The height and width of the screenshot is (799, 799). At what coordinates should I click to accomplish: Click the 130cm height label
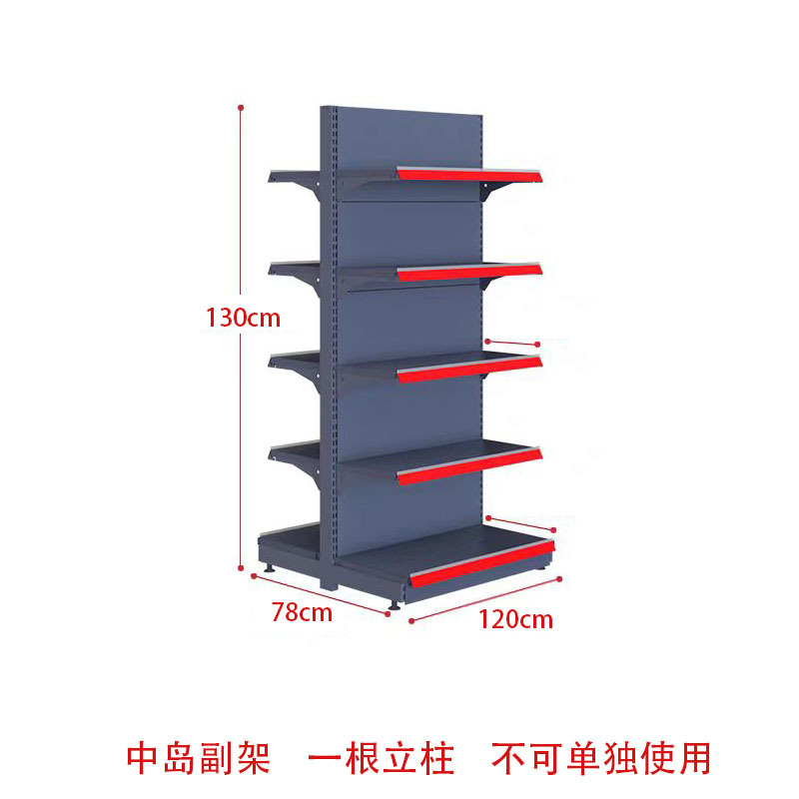pos(244,319)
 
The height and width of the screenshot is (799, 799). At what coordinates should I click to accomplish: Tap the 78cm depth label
pos(302,612)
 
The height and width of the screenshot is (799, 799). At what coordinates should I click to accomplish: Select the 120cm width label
pos(515,619)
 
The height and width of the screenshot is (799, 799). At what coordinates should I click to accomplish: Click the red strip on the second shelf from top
pos(469,272)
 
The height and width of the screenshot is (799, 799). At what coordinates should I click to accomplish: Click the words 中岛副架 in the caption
pos(199,757)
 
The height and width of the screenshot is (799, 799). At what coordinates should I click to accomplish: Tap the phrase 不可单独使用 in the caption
pos(601,757)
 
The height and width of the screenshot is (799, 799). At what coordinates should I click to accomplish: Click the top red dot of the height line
pos(241,105)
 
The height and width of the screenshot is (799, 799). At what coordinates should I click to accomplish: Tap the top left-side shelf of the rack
pos(295,177)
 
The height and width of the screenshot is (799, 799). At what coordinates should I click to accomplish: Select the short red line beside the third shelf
pos(513,344)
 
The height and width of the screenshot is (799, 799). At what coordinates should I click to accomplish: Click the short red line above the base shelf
pos(519,523)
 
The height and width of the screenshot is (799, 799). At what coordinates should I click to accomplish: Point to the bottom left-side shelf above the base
pos(295,452)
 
